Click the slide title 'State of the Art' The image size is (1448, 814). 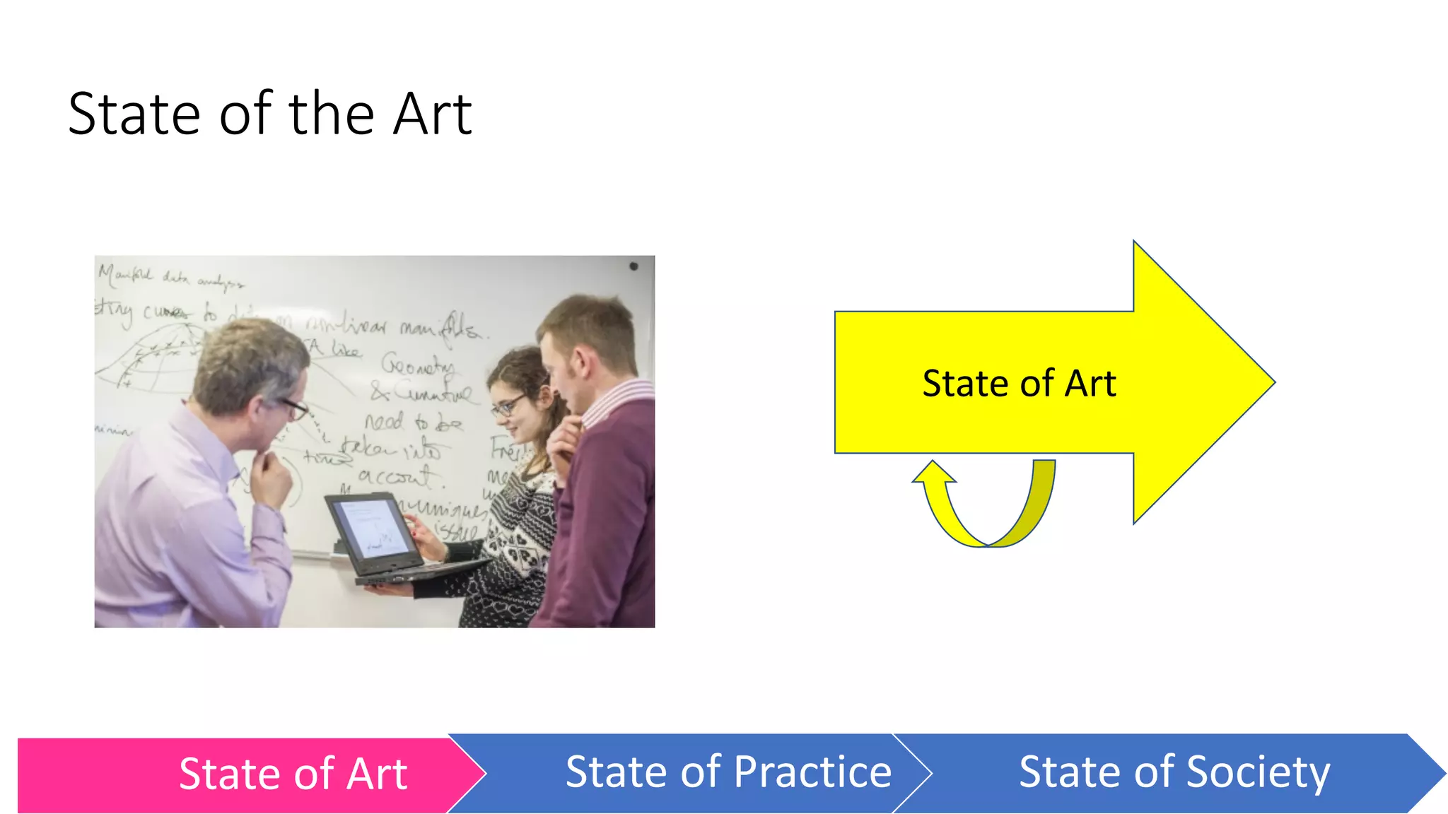tap(270, 114)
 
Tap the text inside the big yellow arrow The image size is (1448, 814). tap(1019, 384)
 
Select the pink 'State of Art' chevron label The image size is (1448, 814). tap(293, 774)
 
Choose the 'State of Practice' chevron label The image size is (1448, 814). tap(728, 772)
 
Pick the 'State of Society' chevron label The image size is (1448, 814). tap(1174, 772)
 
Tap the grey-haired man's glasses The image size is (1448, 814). tap(296, 408)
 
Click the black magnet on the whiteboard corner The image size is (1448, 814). tap(633, 266)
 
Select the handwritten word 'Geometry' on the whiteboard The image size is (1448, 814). tap(417, 365)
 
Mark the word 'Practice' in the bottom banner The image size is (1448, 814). tap(812, 772)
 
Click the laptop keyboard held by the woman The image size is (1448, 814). tap(417, 571)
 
